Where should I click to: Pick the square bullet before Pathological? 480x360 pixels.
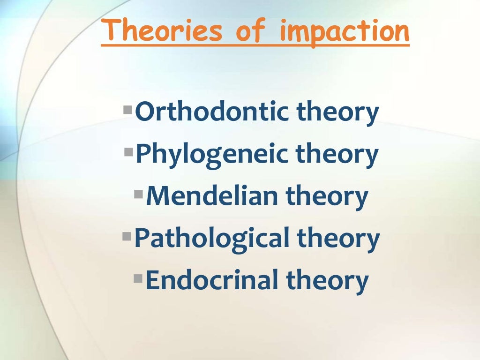tap(127, 235)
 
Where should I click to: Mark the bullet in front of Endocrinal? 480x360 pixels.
tap(138, 277)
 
